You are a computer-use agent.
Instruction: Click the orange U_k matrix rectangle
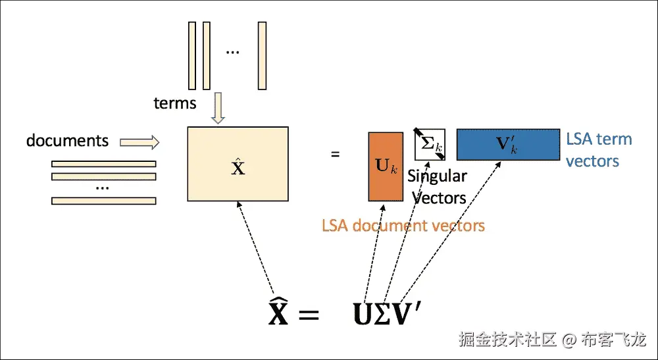pyautogui.click(x=386, y=167)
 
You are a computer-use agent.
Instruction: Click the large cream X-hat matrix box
pyautogui.click(x=238, y=164)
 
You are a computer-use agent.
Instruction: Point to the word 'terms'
pyautogui.click(x=175, y=103)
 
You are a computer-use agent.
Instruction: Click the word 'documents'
pyautogui.click(x=67, y=140)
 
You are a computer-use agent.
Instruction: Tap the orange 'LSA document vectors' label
pyautogui.click(x=403, y=226)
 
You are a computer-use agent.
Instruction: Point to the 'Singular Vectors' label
pyautogui.click(x=437, y=187)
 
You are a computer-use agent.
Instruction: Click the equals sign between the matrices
pyautogui.click(x=335, y=155)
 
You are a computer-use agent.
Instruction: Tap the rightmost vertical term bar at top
pyautogui.click(x=262, y=55)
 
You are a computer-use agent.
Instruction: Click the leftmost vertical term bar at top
pyautogui.click(x=192, y=55)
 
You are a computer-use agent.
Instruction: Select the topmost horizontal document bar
pyautogui.click(x=104, y=164)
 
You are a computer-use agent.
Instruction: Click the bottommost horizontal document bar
pyautogui.click(x=104, y=201)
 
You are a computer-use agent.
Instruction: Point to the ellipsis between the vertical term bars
pyautogui.click(x=232, y=52)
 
